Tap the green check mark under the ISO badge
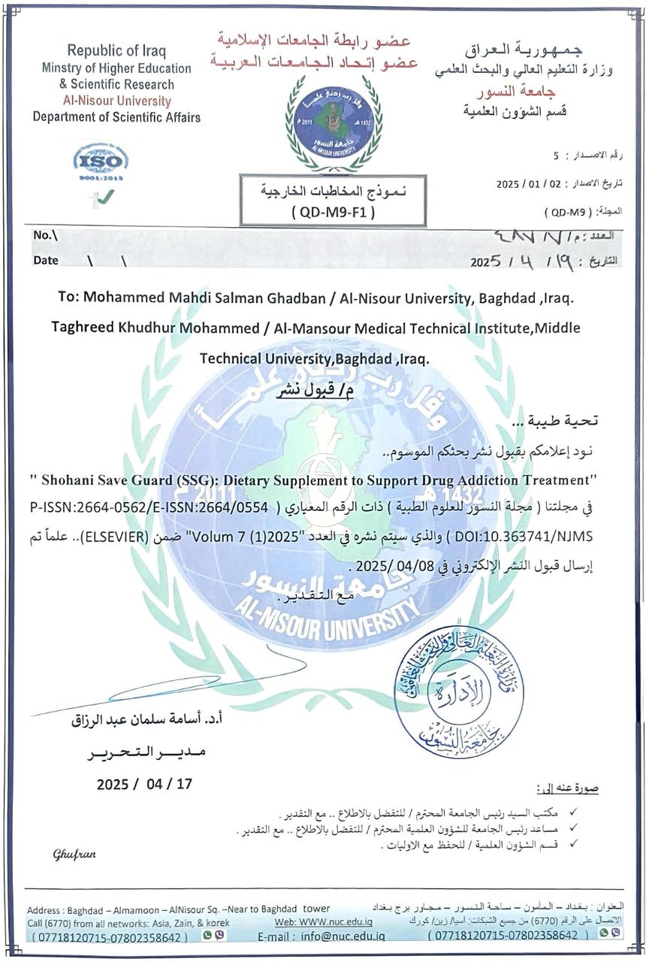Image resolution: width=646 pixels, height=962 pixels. [x=106, y=196]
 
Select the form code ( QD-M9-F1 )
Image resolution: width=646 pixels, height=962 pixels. [x=332, y=212]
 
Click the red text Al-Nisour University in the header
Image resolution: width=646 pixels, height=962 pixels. [x=116, y=101]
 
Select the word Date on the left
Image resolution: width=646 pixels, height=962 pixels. [x=46, y=261]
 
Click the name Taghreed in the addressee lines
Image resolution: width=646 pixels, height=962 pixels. [x=83, y=328]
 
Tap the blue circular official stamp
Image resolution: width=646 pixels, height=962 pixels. [x=448, y=691]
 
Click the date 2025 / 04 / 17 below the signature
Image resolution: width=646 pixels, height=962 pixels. [x=144, y=784]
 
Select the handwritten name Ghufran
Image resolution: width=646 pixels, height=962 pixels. [x=74, y=854]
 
